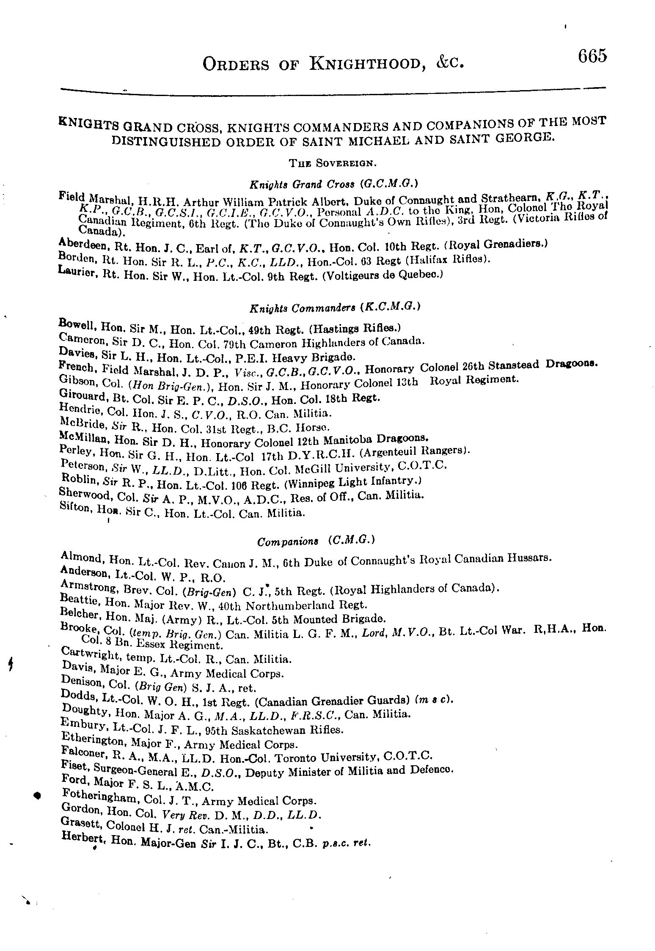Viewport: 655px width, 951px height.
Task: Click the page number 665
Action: click(592, 56)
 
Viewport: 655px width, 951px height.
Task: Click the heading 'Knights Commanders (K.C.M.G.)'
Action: click(334, 308)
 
